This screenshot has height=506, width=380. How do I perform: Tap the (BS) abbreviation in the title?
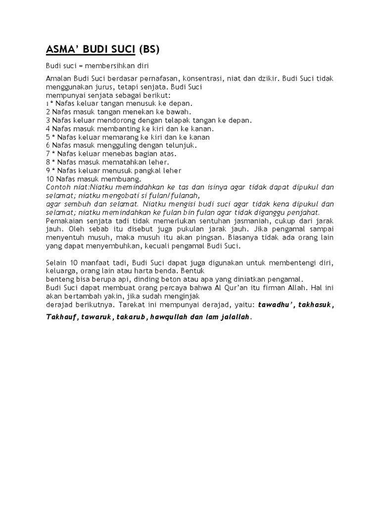(x=150, y=49)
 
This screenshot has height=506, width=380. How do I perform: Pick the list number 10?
(x=49, y=178)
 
